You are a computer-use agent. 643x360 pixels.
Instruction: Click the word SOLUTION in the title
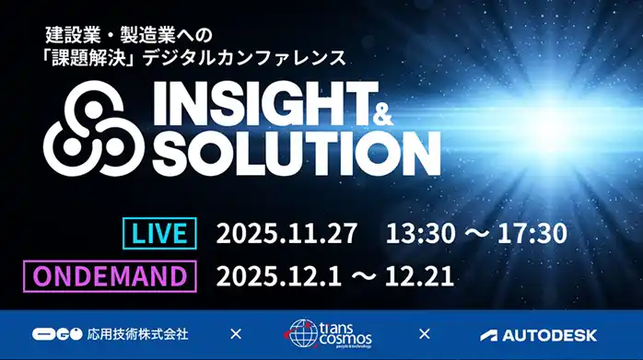(296, 153)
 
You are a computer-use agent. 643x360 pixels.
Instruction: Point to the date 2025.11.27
(286, 233)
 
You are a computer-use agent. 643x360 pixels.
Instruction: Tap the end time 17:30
(530, 233)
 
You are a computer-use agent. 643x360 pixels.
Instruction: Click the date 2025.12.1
(275, 275)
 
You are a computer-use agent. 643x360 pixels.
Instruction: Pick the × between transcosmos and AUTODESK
(425, 334)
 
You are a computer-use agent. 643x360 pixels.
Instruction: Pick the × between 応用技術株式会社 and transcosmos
(236, 334)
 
